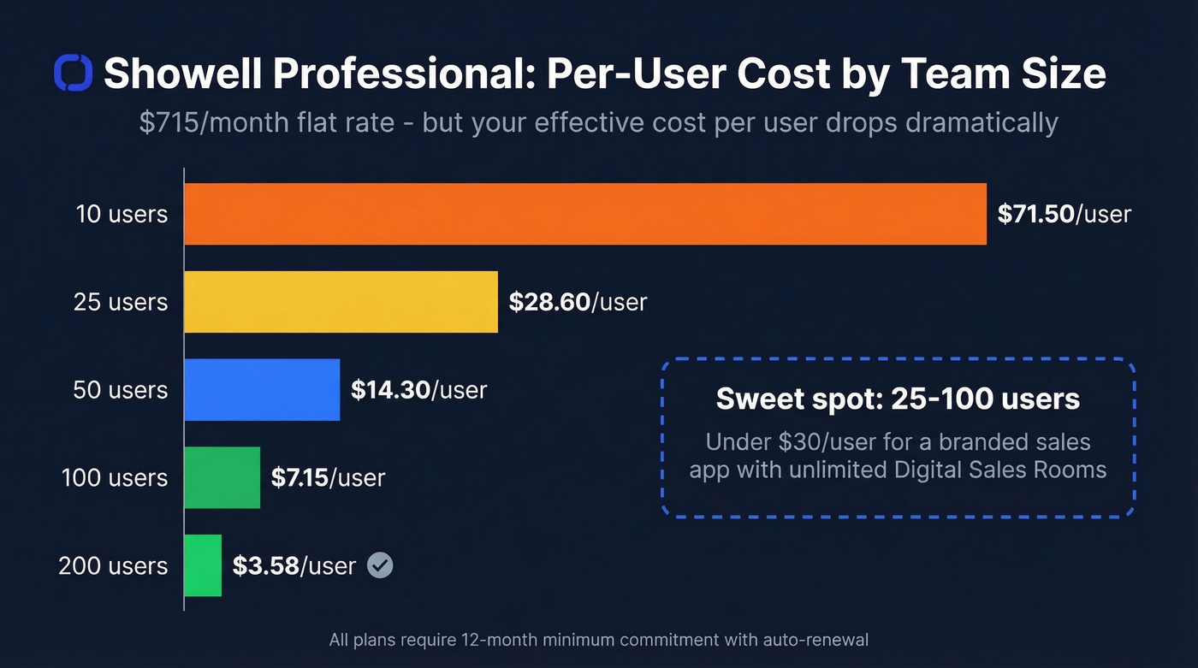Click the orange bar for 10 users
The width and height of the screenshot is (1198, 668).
(x=585, y=214)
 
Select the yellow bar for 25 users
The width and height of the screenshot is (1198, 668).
(x=341, y=302)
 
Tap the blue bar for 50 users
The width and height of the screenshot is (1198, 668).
(x=262, y=390)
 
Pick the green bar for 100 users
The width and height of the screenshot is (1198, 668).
(x=222, y=477)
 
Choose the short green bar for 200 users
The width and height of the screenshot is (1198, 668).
(x=203, y=565)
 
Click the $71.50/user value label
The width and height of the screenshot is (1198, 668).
(x=1064, y=214)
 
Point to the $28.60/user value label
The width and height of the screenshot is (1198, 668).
(x=578, y=302)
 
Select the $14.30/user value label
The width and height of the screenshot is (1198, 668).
(x=418, y=390)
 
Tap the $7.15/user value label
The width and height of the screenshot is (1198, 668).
(x=328, y=477)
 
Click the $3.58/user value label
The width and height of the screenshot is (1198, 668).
(x=294, y=565)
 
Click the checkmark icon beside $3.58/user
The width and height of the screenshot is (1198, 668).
(x=380, y=565)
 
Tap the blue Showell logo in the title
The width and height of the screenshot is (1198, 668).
(x=73, y=74)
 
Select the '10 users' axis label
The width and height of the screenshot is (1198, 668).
(x=122, y=214)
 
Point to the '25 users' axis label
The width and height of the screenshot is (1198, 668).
(x=121, y=302)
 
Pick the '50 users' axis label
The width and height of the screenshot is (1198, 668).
(x=121, y=390)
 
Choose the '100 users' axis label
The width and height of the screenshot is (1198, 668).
(x=115, y=477)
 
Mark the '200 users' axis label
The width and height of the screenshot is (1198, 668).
(x=113, y=565)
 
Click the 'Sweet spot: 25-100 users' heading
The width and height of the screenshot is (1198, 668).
(x=898, y=399)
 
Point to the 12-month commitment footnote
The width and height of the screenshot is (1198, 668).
(x=599, y=640)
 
